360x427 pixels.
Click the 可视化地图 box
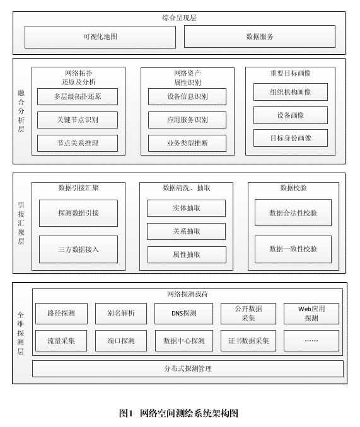100,37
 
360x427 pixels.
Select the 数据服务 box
260,37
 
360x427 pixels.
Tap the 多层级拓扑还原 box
78,97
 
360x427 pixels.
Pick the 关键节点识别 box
78,120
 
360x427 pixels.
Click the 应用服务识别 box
187,120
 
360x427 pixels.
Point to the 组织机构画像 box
291,92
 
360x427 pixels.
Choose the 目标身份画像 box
291,138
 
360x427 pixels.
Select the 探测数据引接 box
78,214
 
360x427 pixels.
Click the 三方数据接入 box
78,249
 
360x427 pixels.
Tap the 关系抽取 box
187,232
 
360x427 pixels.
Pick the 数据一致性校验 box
293,249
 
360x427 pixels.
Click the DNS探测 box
183,314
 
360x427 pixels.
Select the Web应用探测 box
311,314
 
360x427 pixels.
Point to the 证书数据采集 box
248,341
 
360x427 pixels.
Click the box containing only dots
311,341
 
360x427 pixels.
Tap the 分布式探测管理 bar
188,368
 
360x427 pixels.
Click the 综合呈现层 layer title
179,18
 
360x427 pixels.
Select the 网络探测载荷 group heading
187,294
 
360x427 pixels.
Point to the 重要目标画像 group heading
291,73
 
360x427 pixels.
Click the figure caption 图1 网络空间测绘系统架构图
179,413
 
